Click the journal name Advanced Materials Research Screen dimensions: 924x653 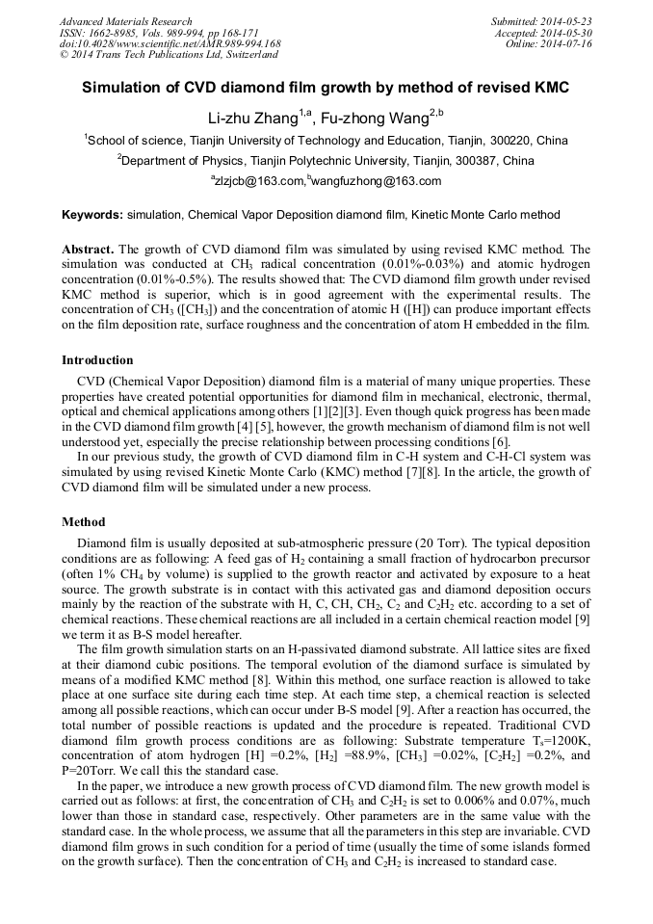click(x=126, y=21)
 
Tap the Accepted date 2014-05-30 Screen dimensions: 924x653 click(x=568, y=33)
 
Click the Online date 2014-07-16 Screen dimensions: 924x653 click(x=568, y=43)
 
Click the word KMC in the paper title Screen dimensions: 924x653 click(x=551, y=88)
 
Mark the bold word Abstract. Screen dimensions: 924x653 click(x=89, y=249)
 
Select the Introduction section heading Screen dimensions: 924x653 click(x=97, y=360)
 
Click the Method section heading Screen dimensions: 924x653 click(x=83, y=522)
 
